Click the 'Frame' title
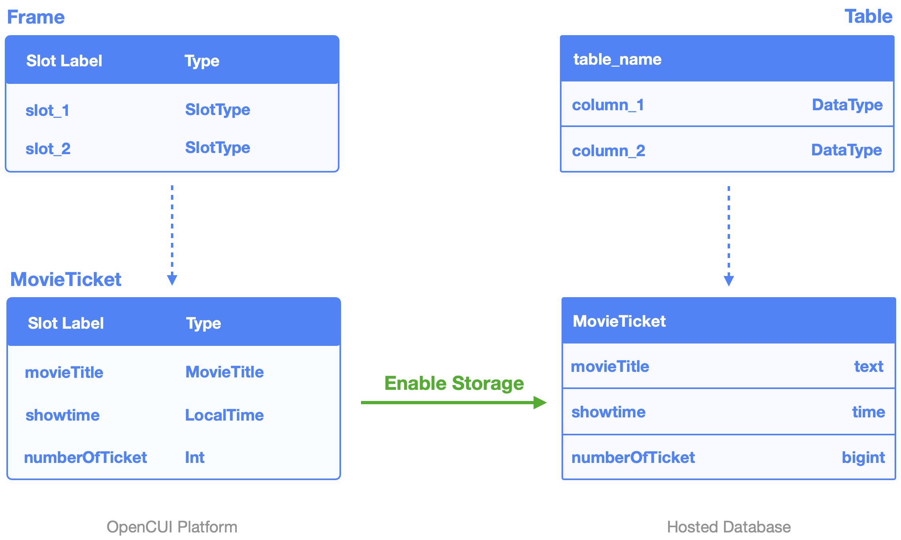click(x=36, y=17)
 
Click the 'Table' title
click(x=868, y=16)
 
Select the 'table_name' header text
click(x=617, y=60)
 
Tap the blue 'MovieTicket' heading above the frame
click(x=66, y=279)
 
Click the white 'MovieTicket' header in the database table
click(x=619, y=322)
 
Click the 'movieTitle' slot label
click(x=64, y=372)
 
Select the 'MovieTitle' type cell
click(x=224, y=372)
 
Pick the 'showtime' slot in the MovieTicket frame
click(x=62, y=415)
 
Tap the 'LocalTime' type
click(x=224, y=415)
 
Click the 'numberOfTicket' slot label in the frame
click(x=85, y=457)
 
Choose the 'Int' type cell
click(x=194, y=457)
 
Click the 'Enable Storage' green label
click(x=454, y=383)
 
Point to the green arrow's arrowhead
click(x=540, y=403)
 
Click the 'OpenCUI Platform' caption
click(x=172, y=527)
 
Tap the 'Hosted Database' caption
click(x=728, y=527)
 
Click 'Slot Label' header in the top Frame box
click(x=64, y=61)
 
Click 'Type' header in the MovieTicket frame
click(x=203, y=324)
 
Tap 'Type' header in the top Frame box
click(x=202, y=61)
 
